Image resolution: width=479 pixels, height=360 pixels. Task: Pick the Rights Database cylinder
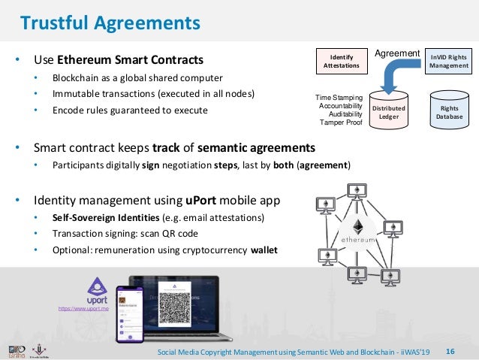coord(449,113)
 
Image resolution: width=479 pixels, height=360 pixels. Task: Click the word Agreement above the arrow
coord(397,53)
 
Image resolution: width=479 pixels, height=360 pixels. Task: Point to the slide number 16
coord(450,351)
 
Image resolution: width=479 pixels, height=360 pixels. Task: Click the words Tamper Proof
coord(342,123)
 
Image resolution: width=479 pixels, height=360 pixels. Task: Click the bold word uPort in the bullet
coord(202,201)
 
